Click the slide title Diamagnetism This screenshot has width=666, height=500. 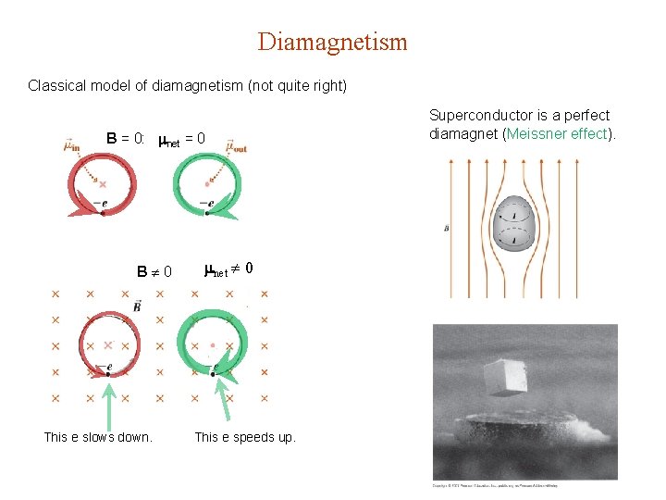click(332, 42)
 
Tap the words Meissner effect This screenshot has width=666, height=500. click(557, 132)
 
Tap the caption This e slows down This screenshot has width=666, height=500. click(98, 437)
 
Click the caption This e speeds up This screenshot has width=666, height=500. click(245, 437)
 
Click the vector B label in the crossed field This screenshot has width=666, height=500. click(137, 306)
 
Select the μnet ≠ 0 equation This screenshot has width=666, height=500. click(228, 269)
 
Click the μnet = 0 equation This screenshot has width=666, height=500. click(181, 139)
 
